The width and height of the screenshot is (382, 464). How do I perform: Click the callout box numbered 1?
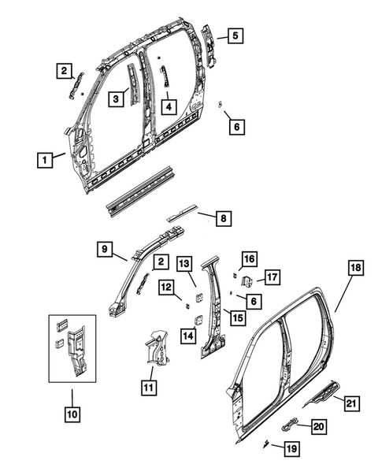tap(46, 159)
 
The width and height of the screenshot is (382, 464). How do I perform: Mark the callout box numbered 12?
tap(166, 288)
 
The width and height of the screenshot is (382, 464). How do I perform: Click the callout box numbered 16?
tap(249, 260)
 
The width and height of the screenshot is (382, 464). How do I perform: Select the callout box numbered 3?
tap(116, 98)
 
